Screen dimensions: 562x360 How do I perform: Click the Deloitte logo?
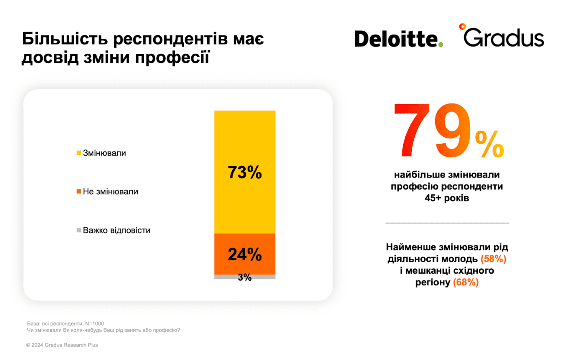tap(398, 39)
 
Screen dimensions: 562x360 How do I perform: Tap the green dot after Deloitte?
tap(440, 45)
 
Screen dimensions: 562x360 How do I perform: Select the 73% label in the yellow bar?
tap(245, 172)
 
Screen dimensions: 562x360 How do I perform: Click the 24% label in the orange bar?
tap(245, 254)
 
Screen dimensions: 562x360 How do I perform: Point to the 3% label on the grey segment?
tap(245, 277)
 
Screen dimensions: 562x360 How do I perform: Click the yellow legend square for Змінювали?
tap(79, 153)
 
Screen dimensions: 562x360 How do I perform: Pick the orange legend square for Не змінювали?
tap(79, 191)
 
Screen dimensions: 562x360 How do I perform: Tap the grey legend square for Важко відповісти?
tap(79, 230)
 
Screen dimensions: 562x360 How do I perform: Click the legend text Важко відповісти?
tap(116, 230)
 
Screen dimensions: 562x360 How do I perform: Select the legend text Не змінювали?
tap(110, 191)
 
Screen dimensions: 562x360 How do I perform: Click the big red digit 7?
tap(411, 130)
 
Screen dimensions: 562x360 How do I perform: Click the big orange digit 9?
tap(453, 130)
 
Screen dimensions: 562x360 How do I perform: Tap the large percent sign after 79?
tap(490, 144)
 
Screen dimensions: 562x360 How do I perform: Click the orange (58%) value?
tap(494, 259)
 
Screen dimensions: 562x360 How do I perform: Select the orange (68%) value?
tap(466, 282)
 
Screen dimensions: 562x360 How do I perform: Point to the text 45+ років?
tap(447, 198)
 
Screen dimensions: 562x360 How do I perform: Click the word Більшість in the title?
tap(65, 39)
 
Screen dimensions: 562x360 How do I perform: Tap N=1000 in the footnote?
tap(94, 323)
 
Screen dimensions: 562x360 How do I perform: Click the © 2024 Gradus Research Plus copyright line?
tap(62, 345)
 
